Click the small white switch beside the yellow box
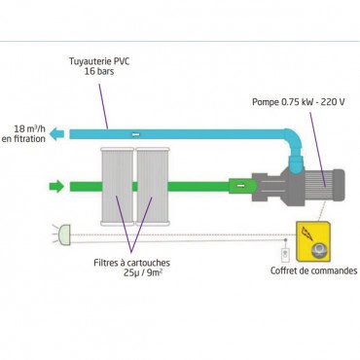(285, 256)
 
